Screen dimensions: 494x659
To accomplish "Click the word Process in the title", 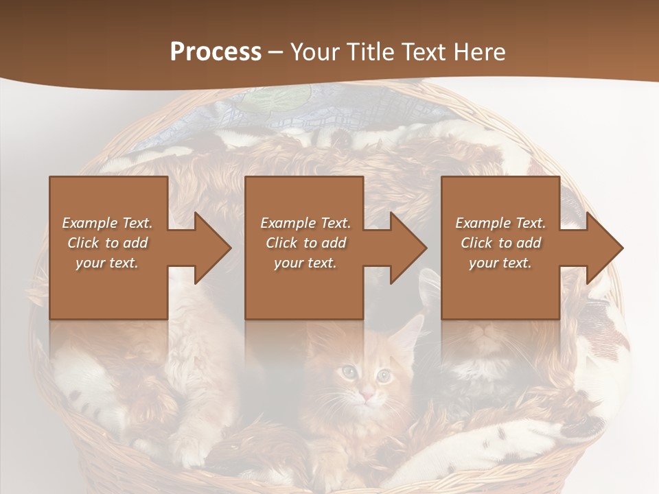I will [216, 51].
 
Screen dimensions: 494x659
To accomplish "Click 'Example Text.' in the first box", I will [107, 223].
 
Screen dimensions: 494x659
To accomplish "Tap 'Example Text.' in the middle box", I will [305, 223].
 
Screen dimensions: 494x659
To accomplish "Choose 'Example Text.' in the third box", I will [500, 223].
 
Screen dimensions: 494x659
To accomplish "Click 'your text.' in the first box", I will [107, 263].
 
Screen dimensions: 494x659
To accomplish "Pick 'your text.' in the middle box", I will [305, 263].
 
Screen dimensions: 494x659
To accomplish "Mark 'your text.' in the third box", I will [500, 263].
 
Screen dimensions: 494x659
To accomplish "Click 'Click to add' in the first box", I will [107, 243].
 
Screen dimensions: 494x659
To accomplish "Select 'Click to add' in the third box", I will [500, 243].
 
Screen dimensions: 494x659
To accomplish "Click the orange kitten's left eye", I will [350, 371].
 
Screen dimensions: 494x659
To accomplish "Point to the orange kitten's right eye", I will [384, 375].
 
